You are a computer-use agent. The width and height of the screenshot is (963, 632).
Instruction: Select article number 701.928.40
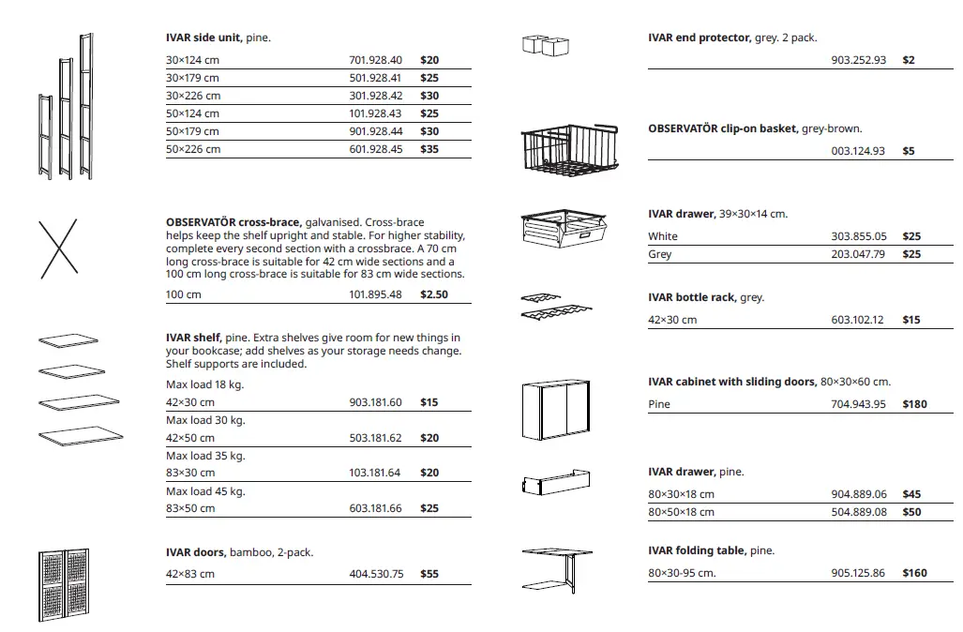click(375, 60)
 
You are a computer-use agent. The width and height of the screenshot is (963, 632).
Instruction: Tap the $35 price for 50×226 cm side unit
click(429, 149)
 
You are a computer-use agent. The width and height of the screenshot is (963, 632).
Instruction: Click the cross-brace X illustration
click(58, 248)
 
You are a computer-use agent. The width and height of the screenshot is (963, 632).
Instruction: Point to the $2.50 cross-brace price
click(433, 294)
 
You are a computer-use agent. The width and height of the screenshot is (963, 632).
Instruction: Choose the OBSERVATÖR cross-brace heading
click(233, 222)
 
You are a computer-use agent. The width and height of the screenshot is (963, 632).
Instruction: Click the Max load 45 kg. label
click(205, 491)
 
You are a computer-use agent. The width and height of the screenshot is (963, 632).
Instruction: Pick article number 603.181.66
click(375, 509)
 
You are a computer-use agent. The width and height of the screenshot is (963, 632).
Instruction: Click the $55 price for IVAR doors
click(429, 574)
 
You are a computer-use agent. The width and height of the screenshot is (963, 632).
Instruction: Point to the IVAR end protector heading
click(699, 38)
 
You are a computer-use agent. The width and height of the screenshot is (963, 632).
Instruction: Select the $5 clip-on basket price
click(909, 151)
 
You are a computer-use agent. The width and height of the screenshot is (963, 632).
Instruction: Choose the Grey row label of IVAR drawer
click(660, 254)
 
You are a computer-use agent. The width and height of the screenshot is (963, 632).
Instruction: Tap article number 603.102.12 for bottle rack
click(857, 320)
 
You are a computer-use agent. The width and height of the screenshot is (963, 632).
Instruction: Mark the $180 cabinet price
click(914, 404)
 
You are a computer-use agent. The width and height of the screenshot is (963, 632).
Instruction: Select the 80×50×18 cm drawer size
click(681, 512)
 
